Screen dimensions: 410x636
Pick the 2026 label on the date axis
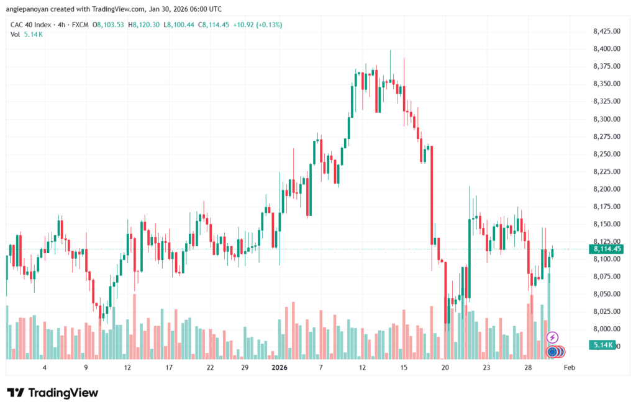click(x=279, y=368)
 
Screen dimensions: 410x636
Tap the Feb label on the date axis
click(x=568, y=368)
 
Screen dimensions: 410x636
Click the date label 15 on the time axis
click(x=404, y=368)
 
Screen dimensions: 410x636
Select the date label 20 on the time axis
click(x=445, y=368)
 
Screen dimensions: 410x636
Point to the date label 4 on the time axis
click(x=44, y=368)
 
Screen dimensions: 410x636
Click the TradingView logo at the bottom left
click(x=52, y=393)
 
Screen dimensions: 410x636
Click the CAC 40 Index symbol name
click(x=32, y=25)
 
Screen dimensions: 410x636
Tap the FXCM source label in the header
click(x=79, y=25)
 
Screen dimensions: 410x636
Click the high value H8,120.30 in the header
click(x=145, y=25)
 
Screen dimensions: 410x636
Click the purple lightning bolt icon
click(x=552, y=337)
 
